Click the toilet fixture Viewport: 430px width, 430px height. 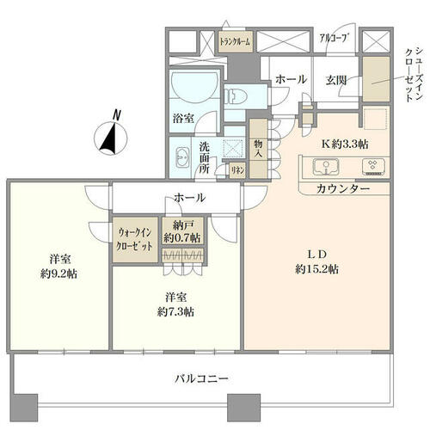tap(236, 96)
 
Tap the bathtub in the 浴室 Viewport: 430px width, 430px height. tap(194, 85)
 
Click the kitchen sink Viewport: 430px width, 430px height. tap(326, 166)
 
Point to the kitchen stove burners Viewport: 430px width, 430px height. tap(372, 166)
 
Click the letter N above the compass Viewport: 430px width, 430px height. tap(116, 115)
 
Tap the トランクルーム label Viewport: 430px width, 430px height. tap(235, 41)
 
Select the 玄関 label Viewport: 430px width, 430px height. tap(336, 80)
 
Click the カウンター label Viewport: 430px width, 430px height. tap(343, 188)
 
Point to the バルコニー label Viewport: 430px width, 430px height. tap(201, 378)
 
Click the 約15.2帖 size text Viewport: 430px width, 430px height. tap(316, 269)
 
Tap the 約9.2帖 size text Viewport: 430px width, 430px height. tap(58, 274)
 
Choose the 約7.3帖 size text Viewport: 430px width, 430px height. tap(175, 311)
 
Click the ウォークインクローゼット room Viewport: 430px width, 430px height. tap(135, 239)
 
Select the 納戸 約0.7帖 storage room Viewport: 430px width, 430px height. tap(183, 230)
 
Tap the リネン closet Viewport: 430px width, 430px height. tap(237, 170)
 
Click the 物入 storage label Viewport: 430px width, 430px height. tap(258, 148)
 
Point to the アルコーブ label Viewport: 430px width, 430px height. tap(335, 38)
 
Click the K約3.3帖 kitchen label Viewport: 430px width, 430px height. tap(345, 144)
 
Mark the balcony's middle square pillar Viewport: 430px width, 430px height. tap(243, 407)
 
